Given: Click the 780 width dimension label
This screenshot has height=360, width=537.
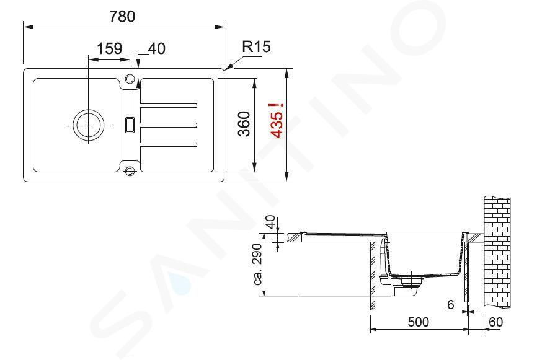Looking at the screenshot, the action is pos(122,17).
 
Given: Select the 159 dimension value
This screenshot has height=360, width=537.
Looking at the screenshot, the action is pos(109,48).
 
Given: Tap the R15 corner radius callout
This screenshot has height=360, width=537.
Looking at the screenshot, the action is pos(256,46).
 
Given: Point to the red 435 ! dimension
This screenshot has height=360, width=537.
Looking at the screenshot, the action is pos(277,121).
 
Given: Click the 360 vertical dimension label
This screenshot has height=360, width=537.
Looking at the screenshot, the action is pos(244,124).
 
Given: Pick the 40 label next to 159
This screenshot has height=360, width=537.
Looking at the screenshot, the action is pos(156,48).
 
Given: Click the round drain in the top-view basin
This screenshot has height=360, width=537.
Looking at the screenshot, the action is pos(88,125).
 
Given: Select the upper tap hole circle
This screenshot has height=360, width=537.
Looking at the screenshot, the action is pos(130,79).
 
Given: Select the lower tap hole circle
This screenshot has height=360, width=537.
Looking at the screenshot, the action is pos(130,171).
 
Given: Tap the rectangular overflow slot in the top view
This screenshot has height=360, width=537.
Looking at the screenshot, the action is pos(130,124).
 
